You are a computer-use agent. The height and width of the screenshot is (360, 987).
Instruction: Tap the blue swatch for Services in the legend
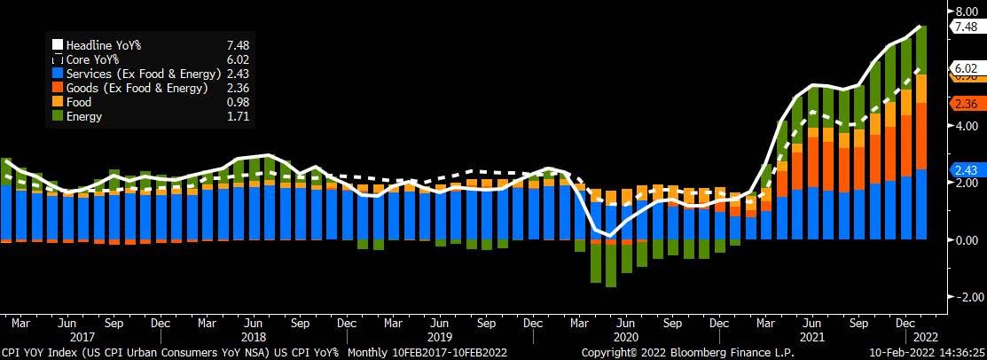[57, 74]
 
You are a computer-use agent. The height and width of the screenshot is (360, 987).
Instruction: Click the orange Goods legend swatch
[57, 88]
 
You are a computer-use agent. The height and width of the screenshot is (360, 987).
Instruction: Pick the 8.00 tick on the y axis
[964, 12]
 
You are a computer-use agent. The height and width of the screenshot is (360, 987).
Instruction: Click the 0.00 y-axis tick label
[964, 239]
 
